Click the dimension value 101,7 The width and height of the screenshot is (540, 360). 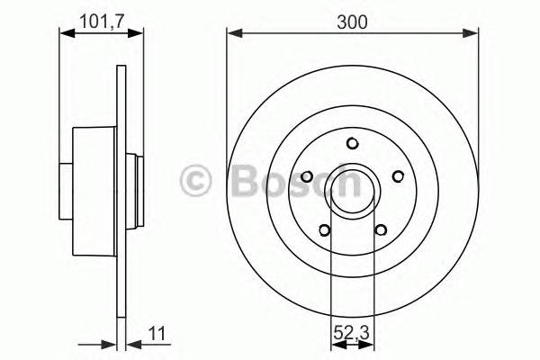pyautogui.click(x=100, y=19)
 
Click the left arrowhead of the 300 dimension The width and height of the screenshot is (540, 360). pyautogui.click(x=233, y=35)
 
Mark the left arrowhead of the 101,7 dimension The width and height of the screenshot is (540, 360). pyautogui.click(x=65, y=35)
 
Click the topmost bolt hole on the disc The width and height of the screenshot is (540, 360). pyautogui.click(x=353, y=142)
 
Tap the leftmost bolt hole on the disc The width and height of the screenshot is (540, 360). pyautogui.click(x=308, y=175)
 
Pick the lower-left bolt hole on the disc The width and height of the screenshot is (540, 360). pyautogui.click(x=325, y=229)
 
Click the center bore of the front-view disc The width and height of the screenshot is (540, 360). pyautogui.click(x=353, y=187)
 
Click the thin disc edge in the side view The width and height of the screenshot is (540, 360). pyautogui.click(x=120, y=270)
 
